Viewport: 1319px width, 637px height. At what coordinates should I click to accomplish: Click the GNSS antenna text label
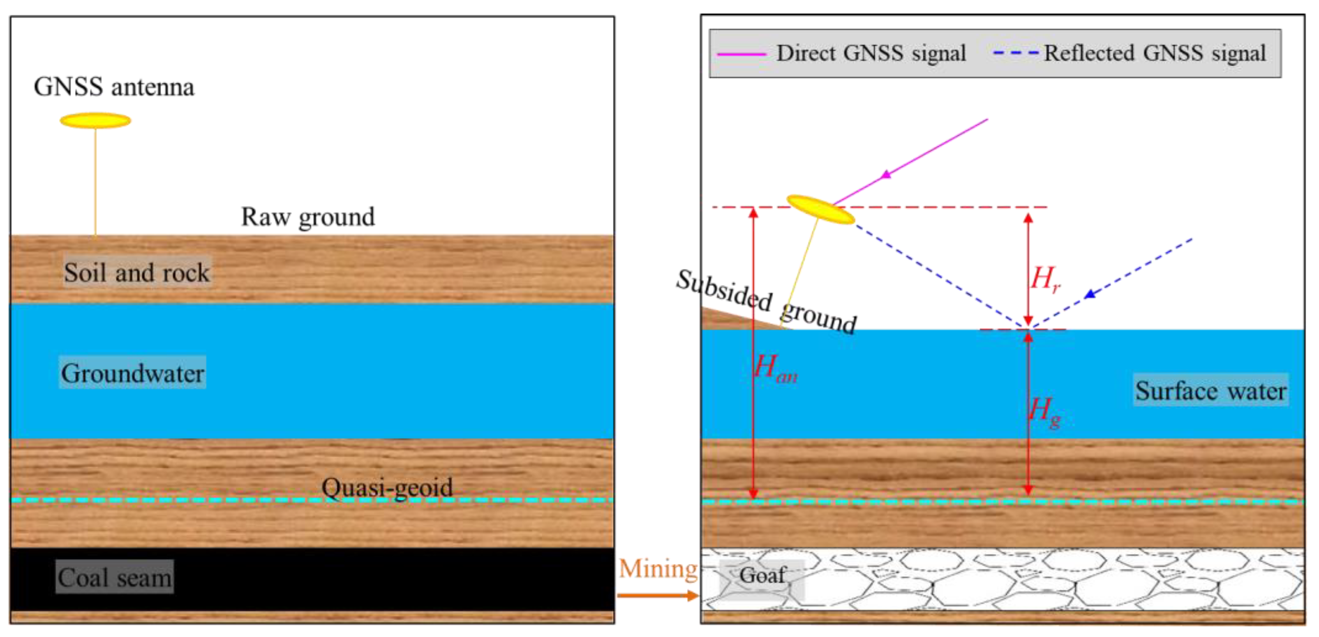pos(114,87)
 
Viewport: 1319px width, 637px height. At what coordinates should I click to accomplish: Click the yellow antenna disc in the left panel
pos(95,121)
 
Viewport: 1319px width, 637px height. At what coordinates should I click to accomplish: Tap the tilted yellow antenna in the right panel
pos(820,210)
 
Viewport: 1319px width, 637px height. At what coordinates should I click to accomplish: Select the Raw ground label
pos(308,217)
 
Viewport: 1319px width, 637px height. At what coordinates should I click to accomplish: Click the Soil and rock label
pos(137,272)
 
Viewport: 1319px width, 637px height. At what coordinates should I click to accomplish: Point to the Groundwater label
pos(133,373)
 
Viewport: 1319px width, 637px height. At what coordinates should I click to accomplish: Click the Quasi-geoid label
pos(387,487)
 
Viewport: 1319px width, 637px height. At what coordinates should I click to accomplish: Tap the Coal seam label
pos(114,577)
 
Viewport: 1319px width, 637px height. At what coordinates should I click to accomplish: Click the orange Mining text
pos(658,568)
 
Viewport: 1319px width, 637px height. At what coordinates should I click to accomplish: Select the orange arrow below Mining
pos(658,595)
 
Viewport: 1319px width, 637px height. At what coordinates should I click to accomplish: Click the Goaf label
pos(762,575)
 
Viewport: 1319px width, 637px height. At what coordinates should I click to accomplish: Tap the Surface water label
pos(1210,391)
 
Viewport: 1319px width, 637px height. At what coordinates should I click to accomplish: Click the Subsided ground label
pos(766,302)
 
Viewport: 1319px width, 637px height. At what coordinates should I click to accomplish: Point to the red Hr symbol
pos(1044,279)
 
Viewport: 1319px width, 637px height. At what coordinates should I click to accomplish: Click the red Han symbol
pos(775,368)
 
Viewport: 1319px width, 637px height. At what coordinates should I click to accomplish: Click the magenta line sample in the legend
pos(742,54)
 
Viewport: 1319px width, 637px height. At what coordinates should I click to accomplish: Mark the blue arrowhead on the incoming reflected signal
pos(1090,294)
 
